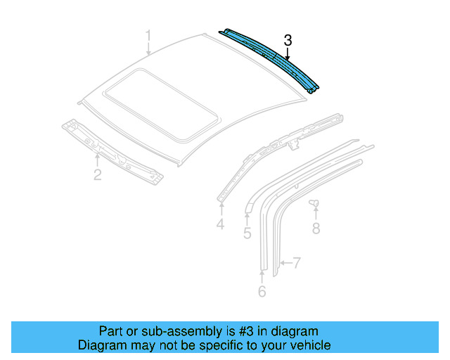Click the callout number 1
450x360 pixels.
148,35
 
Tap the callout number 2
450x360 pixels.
98,174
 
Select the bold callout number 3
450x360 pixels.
288,41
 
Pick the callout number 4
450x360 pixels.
220,224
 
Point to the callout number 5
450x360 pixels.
247,233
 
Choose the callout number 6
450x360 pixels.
262,291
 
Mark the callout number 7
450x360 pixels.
297,264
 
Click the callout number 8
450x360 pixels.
316,228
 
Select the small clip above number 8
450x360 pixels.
314,205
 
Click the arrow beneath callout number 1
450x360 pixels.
148,49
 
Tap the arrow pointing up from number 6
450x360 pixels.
262,275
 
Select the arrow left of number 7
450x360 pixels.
283,264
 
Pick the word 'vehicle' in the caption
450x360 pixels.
309,345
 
